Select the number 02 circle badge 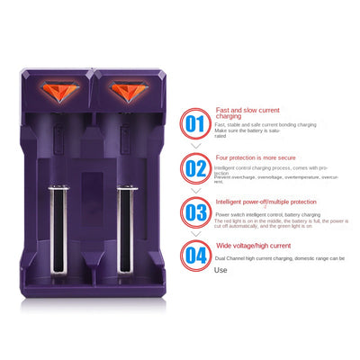click(x=196, y=167)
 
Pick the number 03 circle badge click(x=196, y=212)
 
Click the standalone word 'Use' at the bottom click(x=220, y=269)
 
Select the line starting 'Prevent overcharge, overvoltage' click(x=274, y=176)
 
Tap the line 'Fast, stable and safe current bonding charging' click(x=265, y=124)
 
